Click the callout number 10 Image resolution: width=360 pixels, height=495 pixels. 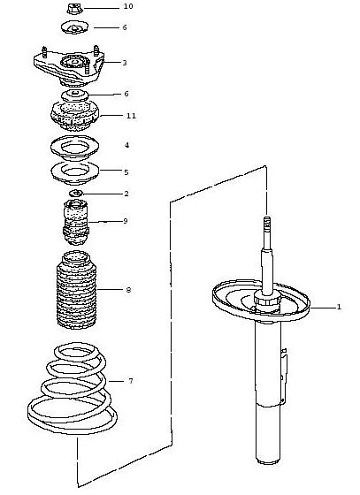(128, 6)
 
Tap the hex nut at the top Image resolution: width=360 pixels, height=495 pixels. (75, 8)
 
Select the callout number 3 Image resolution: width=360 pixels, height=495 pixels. (125, 63)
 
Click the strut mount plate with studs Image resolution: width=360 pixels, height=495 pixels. (69, 66)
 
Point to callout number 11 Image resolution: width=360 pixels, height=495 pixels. (131, 116)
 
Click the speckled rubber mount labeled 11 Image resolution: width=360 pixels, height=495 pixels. (75, 116)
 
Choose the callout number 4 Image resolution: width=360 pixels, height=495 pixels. (127, 145)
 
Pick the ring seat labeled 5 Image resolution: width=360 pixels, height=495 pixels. (75, 173)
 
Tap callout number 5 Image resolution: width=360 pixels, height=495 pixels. (126, 172)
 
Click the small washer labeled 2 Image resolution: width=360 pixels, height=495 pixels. (76, 193)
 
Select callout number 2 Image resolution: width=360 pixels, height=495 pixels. (126, 194)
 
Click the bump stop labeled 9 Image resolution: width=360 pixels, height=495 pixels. (76, 222)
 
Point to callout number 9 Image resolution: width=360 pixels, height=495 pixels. (126, 221)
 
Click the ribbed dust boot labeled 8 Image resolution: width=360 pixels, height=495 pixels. (76, 290)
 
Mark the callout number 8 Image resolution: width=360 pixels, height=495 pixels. (128, 290)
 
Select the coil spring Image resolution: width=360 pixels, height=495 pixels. (73, 387)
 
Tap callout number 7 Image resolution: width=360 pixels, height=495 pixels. (131, 381)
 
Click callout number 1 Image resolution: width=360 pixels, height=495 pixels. (339, 307)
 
